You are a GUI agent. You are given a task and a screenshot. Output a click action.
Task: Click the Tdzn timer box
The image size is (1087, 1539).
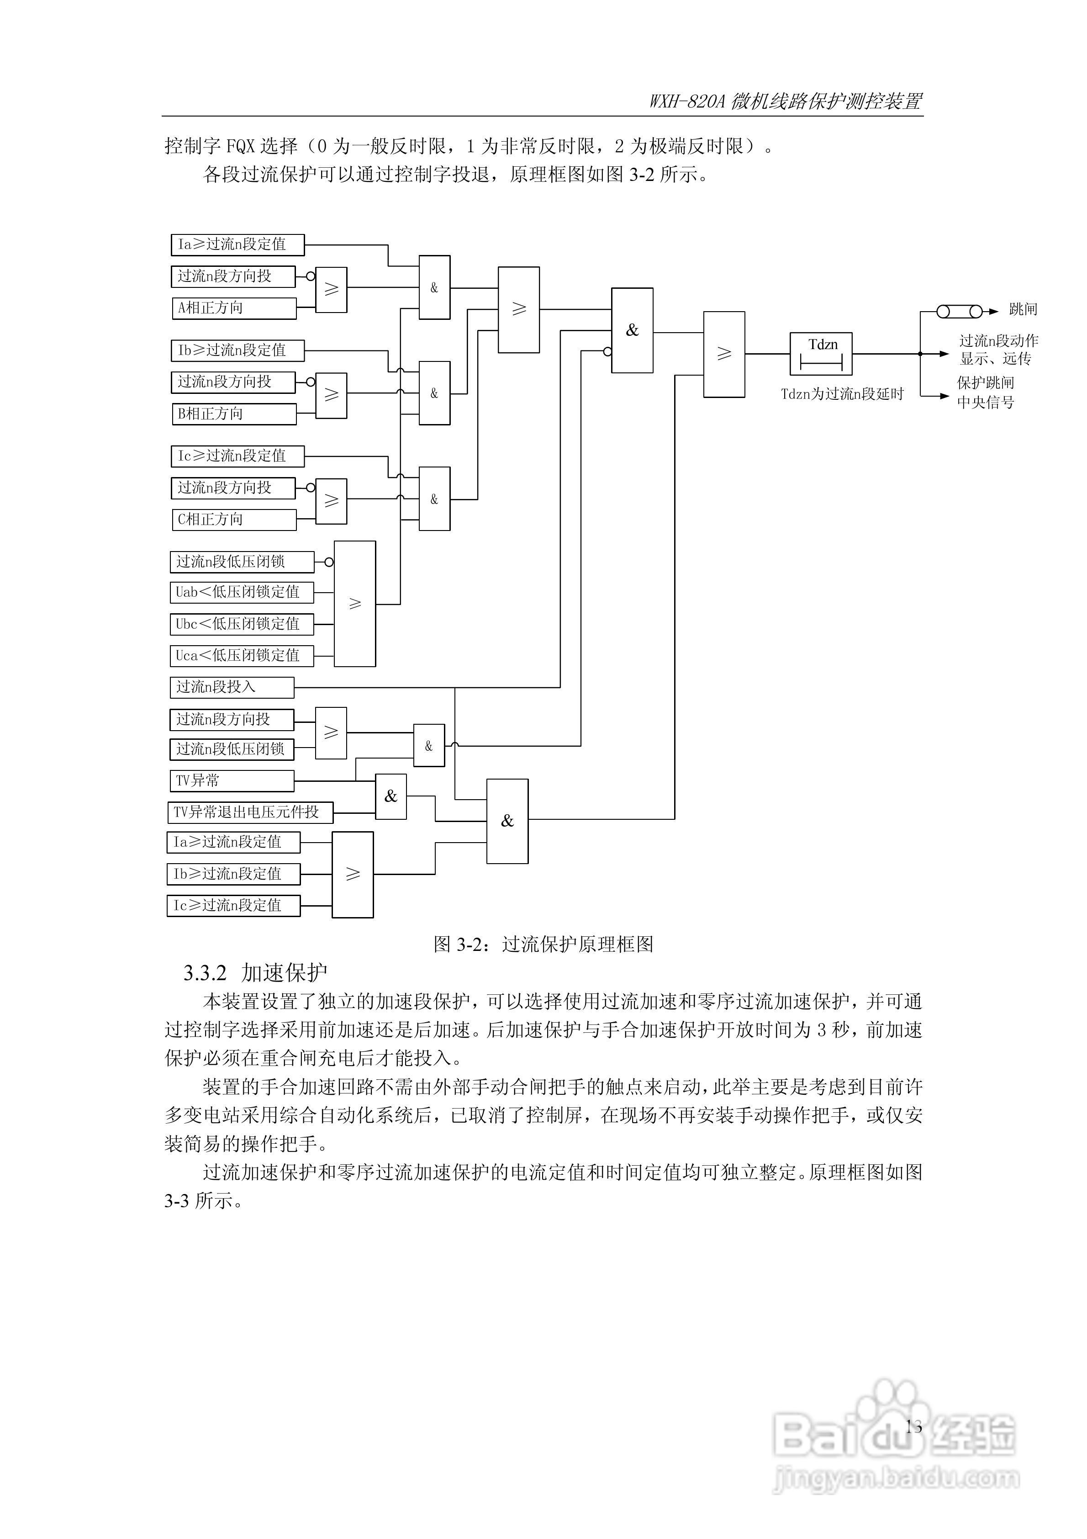[821, 353]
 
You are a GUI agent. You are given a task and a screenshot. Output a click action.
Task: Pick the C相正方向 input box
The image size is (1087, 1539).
[233, 520]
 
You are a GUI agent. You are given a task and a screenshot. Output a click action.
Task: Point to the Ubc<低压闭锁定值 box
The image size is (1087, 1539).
[241, 624]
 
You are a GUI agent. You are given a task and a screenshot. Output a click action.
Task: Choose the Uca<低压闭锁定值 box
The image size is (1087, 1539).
[241, 656]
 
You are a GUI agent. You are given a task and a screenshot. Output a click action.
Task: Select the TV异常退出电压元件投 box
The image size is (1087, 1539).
[249, 812]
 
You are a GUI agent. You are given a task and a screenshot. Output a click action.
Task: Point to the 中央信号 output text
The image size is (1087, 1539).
[985, 402]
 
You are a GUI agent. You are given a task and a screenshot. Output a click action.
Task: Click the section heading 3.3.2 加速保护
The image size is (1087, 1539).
[255, 972]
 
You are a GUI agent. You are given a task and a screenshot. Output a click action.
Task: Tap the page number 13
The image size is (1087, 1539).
[913, 1427]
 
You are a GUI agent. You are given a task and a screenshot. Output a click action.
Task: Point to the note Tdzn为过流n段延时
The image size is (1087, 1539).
[842, 394]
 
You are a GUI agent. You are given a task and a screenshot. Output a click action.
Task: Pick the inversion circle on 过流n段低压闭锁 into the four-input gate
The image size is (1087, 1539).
[328, 563]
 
